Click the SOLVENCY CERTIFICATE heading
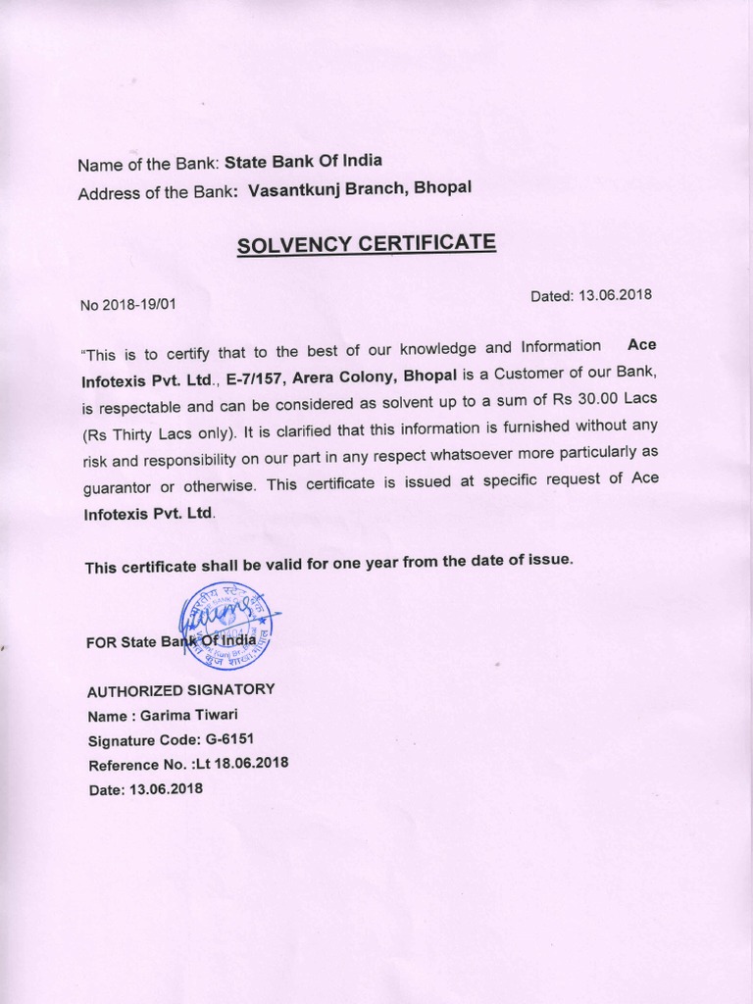pyautogui.click(x=366, y=243)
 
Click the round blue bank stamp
pyautogui.click(x=226, y=627)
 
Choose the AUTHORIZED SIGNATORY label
pyautogui.click(x=181, y=690)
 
